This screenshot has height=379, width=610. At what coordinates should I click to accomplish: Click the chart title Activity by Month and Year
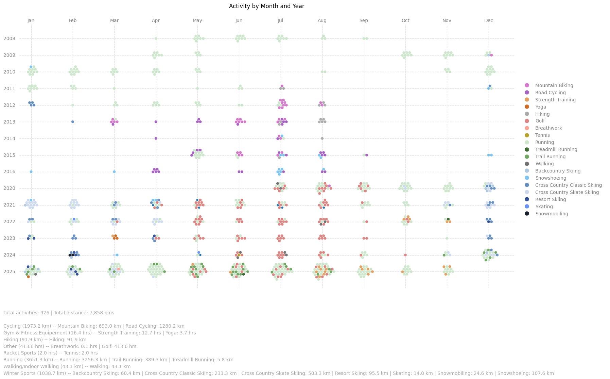[266, 6]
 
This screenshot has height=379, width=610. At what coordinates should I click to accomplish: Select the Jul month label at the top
[280, 20]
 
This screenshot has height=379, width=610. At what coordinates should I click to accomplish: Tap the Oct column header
[405, 20]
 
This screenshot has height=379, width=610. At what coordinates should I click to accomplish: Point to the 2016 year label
[9, 172]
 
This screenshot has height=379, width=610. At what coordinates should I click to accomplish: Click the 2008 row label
[9, 38]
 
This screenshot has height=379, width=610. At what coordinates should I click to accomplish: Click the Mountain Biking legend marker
[527, 85]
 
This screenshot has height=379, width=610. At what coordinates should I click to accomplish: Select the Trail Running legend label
[550, 156]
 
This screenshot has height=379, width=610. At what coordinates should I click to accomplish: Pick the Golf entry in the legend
[540, 121]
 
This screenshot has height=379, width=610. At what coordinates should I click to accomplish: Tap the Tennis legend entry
[542, 135]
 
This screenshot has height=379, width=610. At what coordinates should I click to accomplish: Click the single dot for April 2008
[156, 38]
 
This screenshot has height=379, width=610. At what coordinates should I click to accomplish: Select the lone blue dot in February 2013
[73, 122]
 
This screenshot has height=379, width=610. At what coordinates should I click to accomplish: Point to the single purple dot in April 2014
[156, 138]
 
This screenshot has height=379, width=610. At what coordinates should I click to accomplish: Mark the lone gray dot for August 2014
[322, 138]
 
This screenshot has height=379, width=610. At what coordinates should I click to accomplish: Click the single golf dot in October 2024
[405, 255]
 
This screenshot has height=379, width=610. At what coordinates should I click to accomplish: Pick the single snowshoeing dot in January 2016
[31, 172]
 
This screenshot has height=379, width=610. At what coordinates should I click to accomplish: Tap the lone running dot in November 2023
[447, 238]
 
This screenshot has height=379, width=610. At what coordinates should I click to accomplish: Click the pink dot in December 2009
[491, 55]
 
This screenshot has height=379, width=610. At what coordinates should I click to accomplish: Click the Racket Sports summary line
[51, 353]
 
